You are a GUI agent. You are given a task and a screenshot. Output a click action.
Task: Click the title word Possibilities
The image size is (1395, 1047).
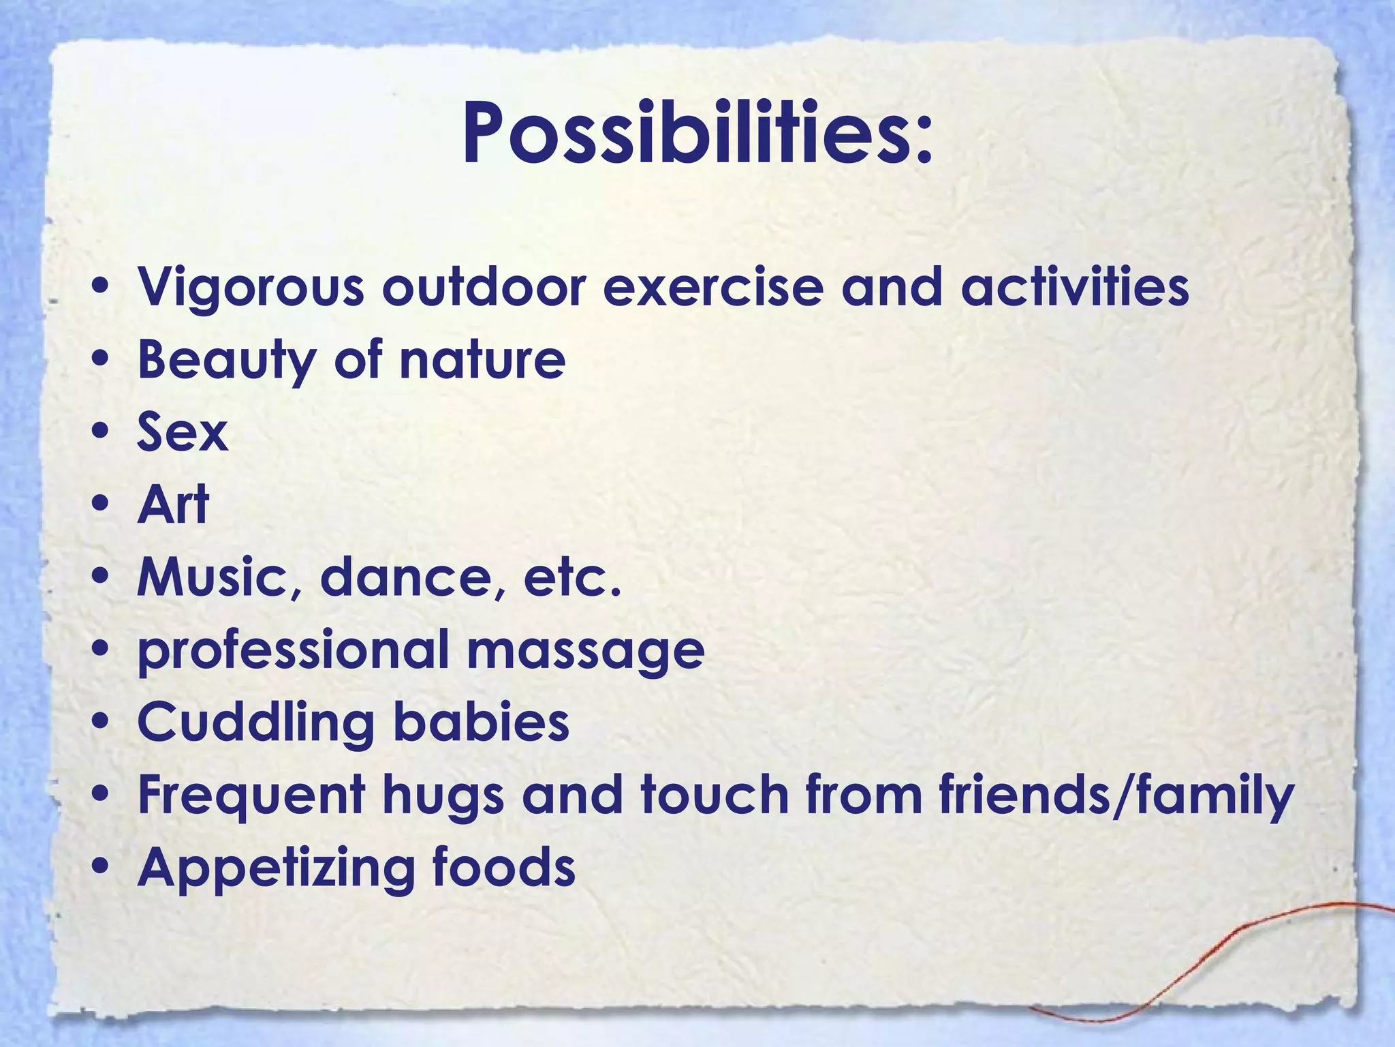click(x=696, y=133)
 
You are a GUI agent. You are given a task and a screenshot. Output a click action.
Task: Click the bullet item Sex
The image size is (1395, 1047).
click(x=183, y=432)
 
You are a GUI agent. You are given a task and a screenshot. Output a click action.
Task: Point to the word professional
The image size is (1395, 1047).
click(x=293, y=652)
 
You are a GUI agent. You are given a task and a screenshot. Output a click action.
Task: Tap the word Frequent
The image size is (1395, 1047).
click(x=251, y=796)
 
